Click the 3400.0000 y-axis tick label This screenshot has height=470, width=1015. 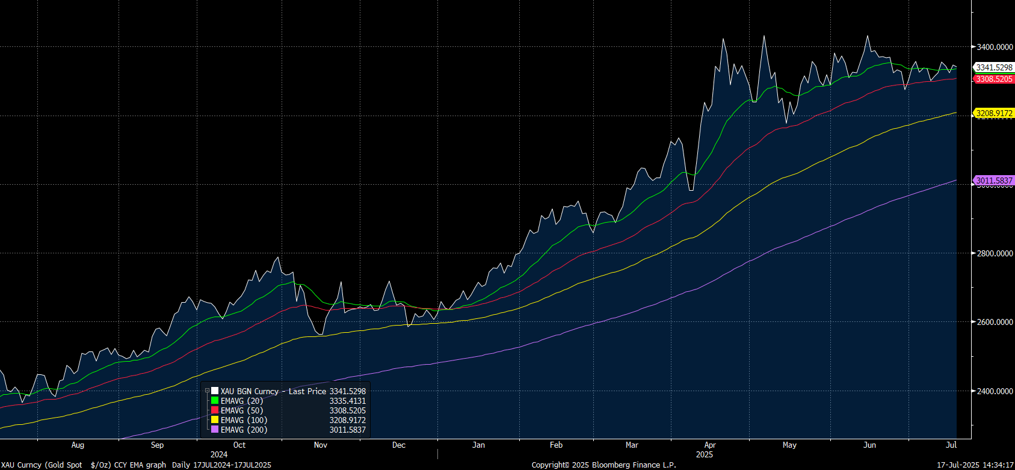point(995,47)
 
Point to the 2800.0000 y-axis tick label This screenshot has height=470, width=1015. point(995,253)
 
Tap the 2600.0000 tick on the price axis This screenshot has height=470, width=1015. point(995,322)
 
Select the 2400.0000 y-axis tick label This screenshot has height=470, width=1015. point(995,391)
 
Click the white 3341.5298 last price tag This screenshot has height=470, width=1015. point(994,67)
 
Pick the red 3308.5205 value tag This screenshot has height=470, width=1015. point(994,79)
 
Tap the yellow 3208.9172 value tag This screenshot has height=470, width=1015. point(994,113)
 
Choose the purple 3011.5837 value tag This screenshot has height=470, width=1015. point(994,181)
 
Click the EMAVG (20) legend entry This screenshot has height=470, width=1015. point(241,401)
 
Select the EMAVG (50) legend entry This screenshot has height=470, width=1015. point(241,410)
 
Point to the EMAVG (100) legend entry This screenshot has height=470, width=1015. point(244,420)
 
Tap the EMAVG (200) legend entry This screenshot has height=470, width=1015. point(244,430)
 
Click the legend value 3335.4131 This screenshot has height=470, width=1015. point(347,401)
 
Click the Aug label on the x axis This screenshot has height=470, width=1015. point(78,445)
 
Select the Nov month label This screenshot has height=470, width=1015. point(321,445)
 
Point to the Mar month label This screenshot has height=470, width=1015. point(632,445)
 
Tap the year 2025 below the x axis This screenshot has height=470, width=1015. point(705,454)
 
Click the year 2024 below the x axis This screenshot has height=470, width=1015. point(219,454)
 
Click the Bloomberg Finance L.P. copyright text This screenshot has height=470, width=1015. point(603,465)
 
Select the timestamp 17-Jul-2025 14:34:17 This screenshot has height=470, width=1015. point(975,465)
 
